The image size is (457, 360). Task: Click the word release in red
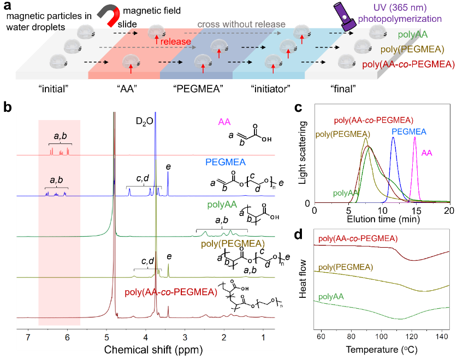(176, 41)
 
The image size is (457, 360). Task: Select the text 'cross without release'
(241, 25)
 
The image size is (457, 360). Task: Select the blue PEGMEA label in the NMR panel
(225, 162)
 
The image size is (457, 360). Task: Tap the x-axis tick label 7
(28, 338)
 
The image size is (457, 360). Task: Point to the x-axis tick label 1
(264, 338)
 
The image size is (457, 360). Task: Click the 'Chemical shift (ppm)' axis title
(146, 350)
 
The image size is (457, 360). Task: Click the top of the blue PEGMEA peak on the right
(393, 138)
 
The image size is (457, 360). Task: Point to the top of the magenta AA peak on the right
(416, 137)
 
